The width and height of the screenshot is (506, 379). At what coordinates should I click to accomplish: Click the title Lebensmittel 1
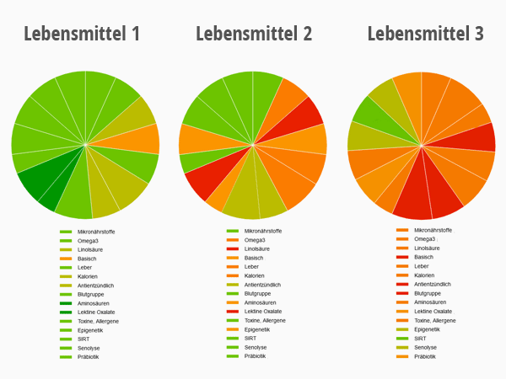[x=82, y=35]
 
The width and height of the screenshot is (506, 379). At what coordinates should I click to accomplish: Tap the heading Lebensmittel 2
[x=254, y=35]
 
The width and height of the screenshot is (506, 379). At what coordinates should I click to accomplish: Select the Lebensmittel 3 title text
[x=426, y=35]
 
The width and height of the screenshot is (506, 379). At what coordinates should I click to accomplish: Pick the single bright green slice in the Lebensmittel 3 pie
[x=369, y=112]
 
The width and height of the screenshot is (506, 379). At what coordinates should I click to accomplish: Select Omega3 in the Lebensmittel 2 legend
[x=256, y=240]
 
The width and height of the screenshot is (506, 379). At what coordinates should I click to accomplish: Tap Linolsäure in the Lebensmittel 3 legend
[x=427, y=248]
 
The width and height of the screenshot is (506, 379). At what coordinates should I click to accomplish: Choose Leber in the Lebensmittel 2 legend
[x=252, y=267]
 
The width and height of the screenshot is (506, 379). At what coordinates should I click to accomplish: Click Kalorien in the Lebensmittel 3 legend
[x=424, y=275]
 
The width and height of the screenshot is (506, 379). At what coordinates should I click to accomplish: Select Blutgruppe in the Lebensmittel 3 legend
[x=428, y=293]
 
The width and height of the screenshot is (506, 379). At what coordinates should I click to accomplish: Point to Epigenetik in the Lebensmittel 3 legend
[x=428, y=329]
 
